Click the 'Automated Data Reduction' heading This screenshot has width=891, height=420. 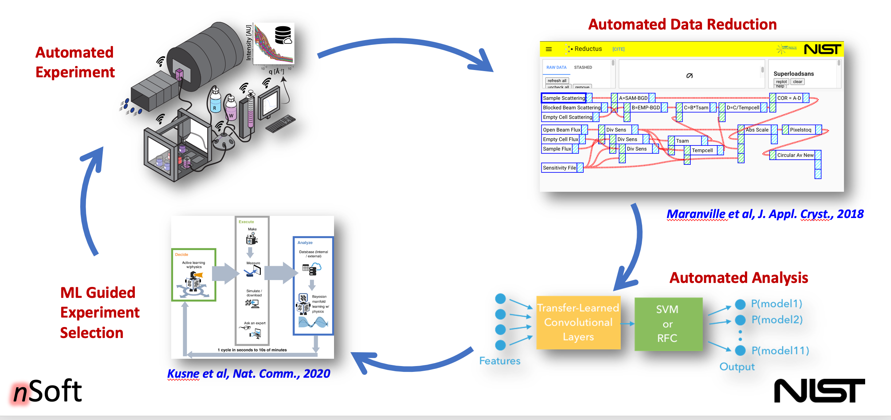pos(682,24)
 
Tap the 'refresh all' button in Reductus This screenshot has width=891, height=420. pos(557,81)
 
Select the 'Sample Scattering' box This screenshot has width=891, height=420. pos(564,98)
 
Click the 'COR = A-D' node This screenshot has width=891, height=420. pos(789,98)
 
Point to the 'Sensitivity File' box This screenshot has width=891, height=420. pos(559,168)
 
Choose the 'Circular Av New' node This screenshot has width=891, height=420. pos(795,155)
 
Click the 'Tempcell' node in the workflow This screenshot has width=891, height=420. pos(702,150)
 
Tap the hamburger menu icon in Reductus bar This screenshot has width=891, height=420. pos(549,49)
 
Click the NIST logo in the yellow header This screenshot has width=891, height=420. pos(822,49)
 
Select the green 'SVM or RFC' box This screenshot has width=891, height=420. pos(668,324)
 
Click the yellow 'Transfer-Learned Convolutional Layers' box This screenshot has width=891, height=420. pos(578,323)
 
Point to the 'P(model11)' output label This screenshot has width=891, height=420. pos(780,350)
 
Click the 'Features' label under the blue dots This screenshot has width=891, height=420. pos(499,361)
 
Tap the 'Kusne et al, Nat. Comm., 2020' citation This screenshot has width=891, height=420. pos(248,373)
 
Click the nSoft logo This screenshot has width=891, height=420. pos(47,391)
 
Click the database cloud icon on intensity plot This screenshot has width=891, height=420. pos(283,35)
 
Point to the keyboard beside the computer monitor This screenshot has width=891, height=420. pos(280,124)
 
